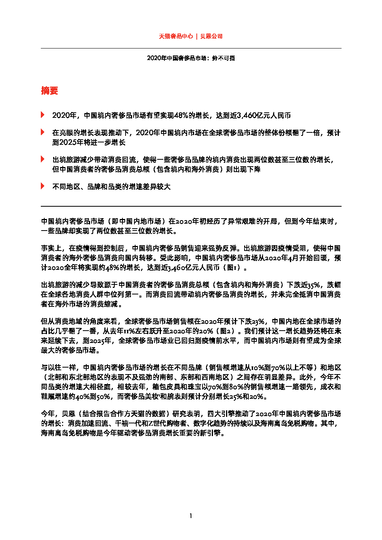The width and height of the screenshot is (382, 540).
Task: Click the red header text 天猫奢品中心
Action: click(x=176, y=36)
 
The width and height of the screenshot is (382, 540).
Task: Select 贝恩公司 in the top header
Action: click(x=211, y=36)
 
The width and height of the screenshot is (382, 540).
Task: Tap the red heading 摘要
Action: click(x=49, y=90)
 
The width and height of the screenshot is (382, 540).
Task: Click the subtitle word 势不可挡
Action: click(x=223, y=58)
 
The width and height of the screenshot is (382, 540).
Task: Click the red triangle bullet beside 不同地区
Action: click(x=42, y=186)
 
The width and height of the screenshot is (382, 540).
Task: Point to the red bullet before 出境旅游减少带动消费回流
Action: click(x=42, y=159)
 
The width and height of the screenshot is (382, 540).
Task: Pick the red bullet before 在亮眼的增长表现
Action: click(x=42, y=132)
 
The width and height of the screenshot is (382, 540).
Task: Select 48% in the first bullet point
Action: click(x=181, y=115)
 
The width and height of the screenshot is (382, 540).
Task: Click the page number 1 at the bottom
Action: click(x=191, y=516)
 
